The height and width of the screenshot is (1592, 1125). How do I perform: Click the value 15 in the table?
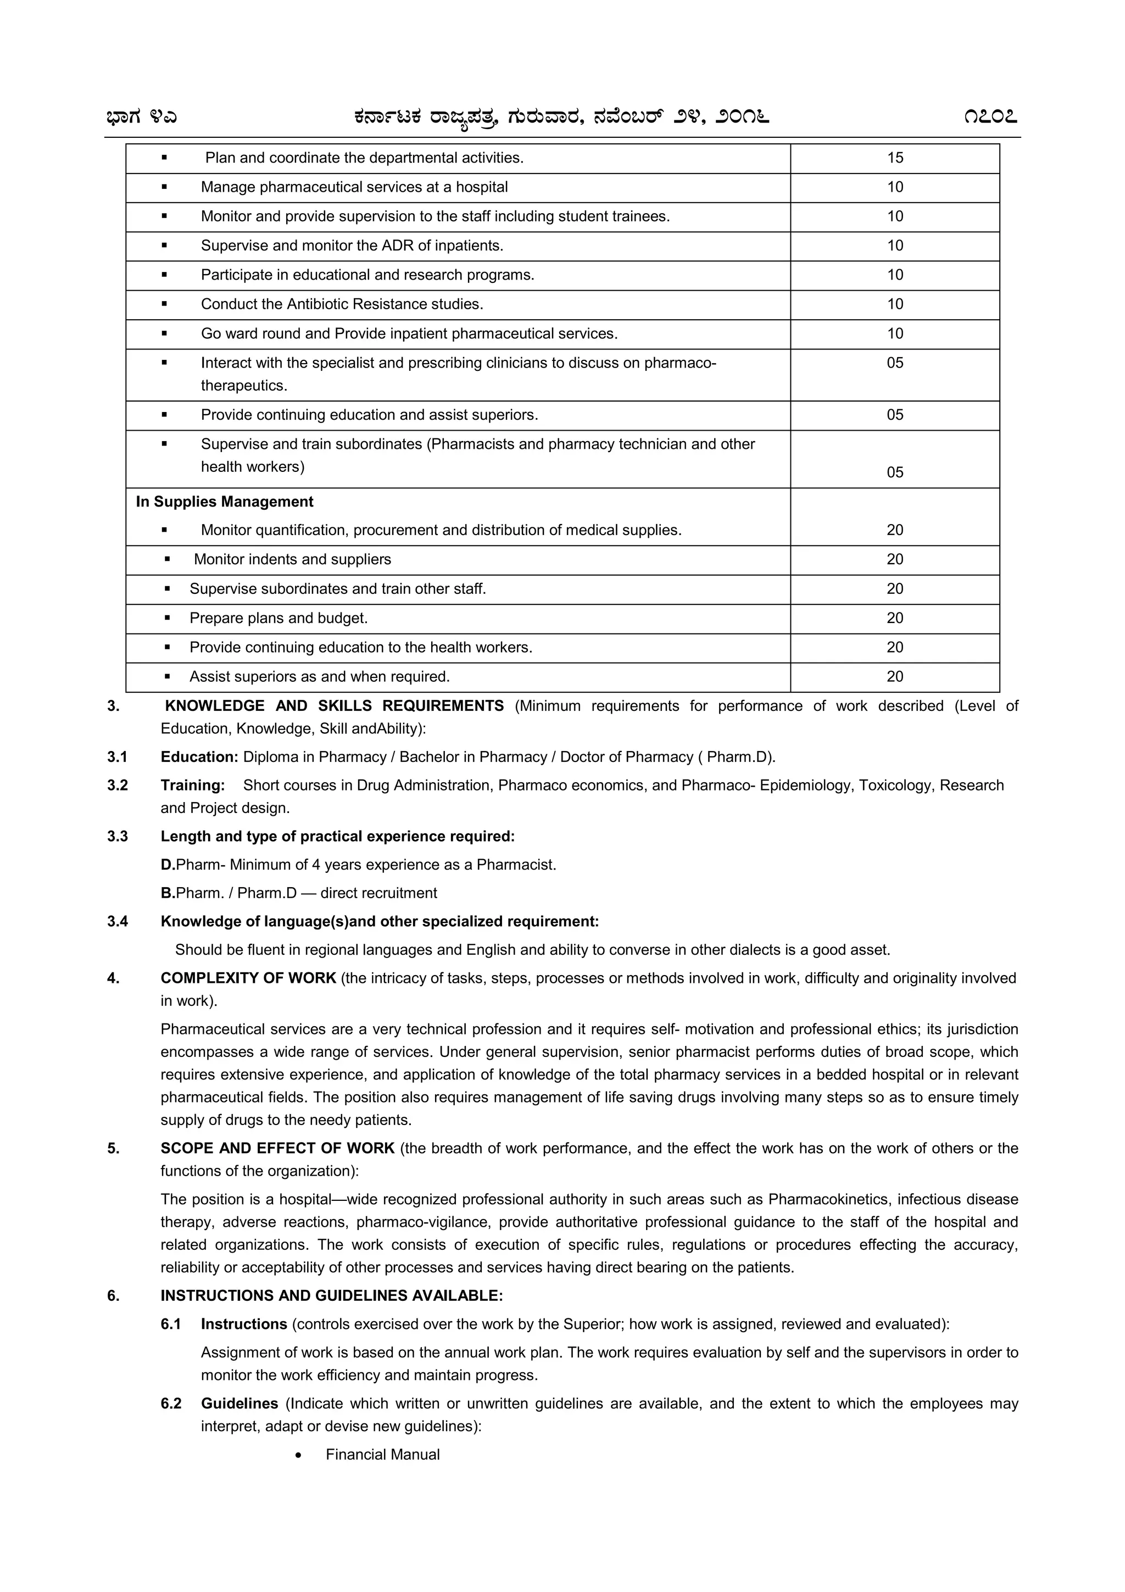(895, 158)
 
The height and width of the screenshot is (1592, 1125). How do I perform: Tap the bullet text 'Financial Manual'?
(383, 1455)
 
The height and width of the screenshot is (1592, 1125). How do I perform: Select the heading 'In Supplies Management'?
(225, 502)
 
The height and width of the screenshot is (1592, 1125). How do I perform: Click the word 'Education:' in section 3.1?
(199, 757)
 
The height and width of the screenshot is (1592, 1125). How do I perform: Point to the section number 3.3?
(118, 836)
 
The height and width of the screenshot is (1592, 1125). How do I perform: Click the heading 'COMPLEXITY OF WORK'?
(248, 978)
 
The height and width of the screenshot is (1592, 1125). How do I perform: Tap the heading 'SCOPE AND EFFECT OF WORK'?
(277, 1148)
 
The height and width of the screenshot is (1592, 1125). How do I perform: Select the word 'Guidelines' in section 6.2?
(239, 1404)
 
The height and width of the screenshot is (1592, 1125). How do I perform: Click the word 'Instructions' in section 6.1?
(244, 1324)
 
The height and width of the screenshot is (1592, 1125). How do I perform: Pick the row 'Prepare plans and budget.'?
(279, 619)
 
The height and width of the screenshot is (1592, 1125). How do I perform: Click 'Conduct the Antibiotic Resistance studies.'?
(342, 304)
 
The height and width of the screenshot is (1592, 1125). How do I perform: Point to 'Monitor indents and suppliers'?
(293, 560)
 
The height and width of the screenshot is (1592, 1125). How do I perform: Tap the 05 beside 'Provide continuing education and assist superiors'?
(895, 415)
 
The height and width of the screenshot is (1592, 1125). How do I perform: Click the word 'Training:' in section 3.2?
(193, 786)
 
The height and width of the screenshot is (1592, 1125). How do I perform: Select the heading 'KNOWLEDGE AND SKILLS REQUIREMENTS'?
(334, 706)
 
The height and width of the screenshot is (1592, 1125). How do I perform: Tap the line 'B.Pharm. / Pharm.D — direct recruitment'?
(299, 893)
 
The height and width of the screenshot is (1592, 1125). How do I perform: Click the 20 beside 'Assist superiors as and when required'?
(895, 677)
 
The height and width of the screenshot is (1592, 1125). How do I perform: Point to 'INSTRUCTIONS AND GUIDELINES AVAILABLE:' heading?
(331, 1296)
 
